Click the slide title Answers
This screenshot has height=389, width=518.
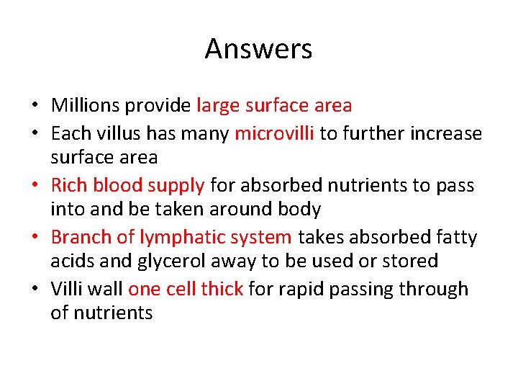point(258,49)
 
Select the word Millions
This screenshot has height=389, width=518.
point(85,106)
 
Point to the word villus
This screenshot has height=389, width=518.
point(166,133)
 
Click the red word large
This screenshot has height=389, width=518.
point(218,106)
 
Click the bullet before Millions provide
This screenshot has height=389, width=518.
point(35,107)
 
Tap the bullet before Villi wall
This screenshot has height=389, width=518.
point(35,290)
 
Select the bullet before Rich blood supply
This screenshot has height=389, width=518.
point(35,187)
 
